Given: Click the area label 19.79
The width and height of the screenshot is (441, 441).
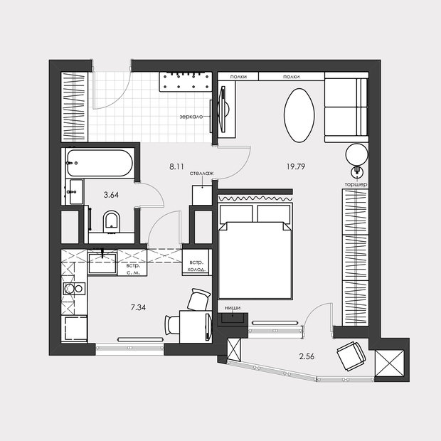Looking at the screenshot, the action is [296, 166].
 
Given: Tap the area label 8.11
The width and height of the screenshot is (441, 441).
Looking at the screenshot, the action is [176, 166].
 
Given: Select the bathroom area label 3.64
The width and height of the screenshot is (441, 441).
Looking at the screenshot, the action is [111, 195].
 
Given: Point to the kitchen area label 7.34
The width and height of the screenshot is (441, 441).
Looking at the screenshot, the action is [138, 307].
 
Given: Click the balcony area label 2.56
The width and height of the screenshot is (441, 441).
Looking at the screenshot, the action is [307, 356].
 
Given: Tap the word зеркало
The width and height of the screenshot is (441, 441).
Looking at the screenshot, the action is [191, 117].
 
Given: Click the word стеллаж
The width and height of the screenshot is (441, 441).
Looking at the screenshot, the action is [202, 174].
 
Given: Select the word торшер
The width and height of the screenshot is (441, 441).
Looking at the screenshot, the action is [356, 184].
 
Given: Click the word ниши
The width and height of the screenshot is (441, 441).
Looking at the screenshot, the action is [233, 308].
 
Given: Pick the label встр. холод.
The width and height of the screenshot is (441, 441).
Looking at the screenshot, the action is [196, 266].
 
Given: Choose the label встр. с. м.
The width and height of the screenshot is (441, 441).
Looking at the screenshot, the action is [133, 269].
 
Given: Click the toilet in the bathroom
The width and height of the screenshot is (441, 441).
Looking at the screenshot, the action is [112, 222].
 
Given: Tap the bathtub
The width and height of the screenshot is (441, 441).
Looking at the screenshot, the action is [100, 163].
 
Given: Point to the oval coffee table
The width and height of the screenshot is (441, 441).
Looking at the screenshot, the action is [299, 115].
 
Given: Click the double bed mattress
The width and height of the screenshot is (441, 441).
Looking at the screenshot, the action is [255, 260].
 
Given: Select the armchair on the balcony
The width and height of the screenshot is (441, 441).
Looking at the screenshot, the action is [351, 356].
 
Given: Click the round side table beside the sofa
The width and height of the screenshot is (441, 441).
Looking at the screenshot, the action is [356, 154].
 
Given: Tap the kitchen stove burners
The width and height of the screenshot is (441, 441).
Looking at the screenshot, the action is [74, 288].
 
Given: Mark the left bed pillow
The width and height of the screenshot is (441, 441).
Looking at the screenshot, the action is [236, 214].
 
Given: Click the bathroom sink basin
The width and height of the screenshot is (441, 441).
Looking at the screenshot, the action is [75, 191].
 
